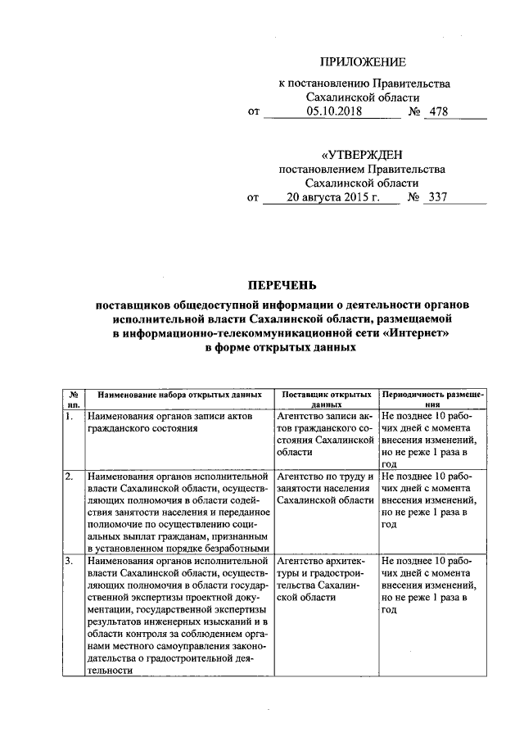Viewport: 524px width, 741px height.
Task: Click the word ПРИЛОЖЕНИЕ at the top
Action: tap(362, 61)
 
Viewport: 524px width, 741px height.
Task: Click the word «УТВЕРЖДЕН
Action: tap(362, 155)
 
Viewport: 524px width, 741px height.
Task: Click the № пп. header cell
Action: tap(73, 399)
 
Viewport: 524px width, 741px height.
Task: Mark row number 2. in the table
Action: tap(70, 476)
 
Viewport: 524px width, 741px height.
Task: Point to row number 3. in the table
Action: tap(70, 561)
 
